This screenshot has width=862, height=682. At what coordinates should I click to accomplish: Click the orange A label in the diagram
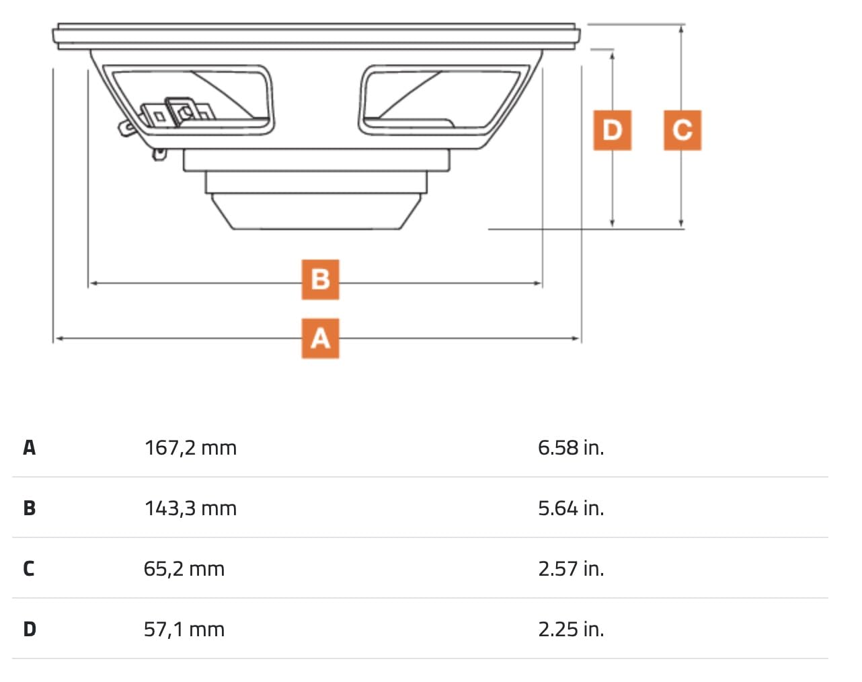click(x=320, y=338)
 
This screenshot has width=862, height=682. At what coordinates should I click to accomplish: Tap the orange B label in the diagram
click(x=320, y=280)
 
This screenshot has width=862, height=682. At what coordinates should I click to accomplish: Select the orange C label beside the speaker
click(x=682, y=130)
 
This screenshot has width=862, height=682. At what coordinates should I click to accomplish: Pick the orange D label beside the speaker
click(x=612, y=130)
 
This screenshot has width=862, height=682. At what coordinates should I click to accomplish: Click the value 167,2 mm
click(x=190, y=448)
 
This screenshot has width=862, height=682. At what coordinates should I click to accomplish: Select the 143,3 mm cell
click(x=190, y=508)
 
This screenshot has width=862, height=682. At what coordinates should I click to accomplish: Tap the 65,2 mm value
click(x=184, y=569)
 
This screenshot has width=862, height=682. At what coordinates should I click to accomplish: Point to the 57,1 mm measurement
click(x=184, y=630)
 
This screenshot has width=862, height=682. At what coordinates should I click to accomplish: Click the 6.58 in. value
click(x=571, y=447)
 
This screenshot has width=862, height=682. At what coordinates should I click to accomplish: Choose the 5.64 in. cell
click(x=571, y=508)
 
